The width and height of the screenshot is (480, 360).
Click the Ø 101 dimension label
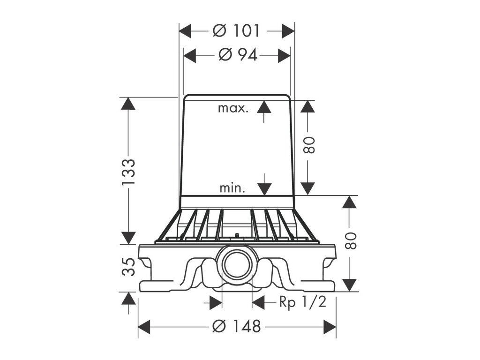pyautogui.click(x=236, y=31)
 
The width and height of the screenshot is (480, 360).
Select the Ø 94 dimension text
pyautogui.click(x=238, y=55)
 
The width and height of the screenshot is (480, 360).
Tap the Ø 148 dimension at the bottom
pyautogui.click(x=236, y=326)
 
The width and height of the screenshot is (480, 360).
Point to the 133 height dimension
pyautogui.click(x=128, y=172)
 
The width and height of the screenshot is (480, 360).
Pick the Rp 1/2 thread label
pyautogui.click(x=302, y=302)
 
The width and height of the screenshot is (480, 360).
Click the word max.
pyautogui.click(x=232, y=108)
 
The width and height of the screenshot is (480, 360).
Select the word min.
pyautogui.click(x=232, y=188)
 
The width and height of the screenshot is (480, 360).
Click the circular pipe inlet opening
pyautogui.click(x=236, y=264)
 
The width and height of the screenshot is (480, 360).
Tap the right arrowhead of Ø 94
pyautogui.click(x=284, y=55)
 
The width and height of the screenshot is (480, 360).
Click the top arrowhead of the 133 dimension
pyautogui.click(x=128, y=103)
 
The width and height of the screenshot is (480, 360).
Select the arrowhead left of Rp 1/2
pyautogui.click(x=259, y=302)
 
